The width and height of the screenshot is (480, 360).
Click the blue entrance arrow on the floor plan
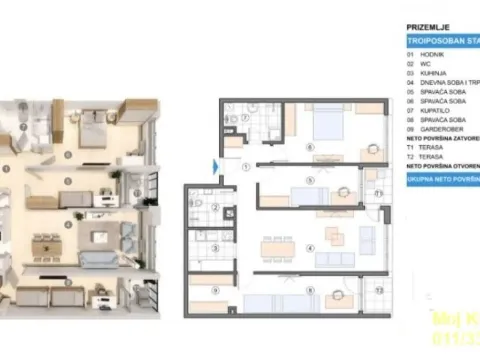coord(216,166)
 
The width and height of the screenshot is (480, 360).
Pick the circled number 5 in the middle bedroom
coord(311,180)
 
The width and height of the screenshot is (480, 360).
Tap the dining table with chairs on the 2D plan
coord(275,246)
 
